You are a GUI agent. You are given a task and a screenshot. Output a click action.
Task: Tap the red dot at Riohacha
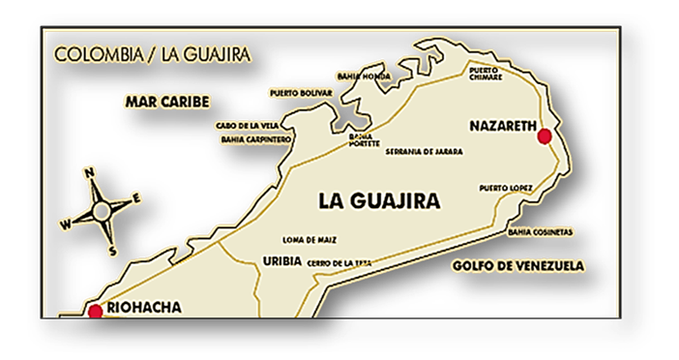click(x=95, y=311)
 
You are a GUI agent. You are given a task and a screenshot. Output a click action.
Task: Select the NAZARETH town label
click(x=499, y=126)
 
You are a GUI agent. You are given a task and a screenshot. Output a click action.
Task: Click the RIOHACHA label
click(x=142, y=310)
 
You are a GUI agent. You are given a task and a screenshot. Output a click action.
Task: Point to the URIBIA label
click(x=281, y=260)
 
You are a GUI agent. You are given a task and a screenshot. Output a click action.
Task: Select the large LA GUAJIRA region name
click(x=379, y=201)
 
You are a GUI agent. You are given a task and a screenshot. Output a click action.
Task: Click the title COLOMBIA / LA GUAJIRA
click(x=151, y=54)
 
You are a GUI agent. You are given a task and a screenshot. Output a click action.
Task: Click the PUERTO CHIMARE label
click(x=487, y=75)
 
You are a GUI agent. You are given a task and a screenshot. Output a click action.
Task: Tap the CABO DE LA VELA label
click(x=248, y=125)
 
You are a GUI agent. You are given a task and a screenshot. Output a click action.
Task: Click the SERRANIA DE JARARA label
click(x=425, y=152)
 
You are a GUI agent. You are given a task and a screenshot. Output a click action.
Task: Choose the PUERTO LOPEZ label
click(x=505, y=188)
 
